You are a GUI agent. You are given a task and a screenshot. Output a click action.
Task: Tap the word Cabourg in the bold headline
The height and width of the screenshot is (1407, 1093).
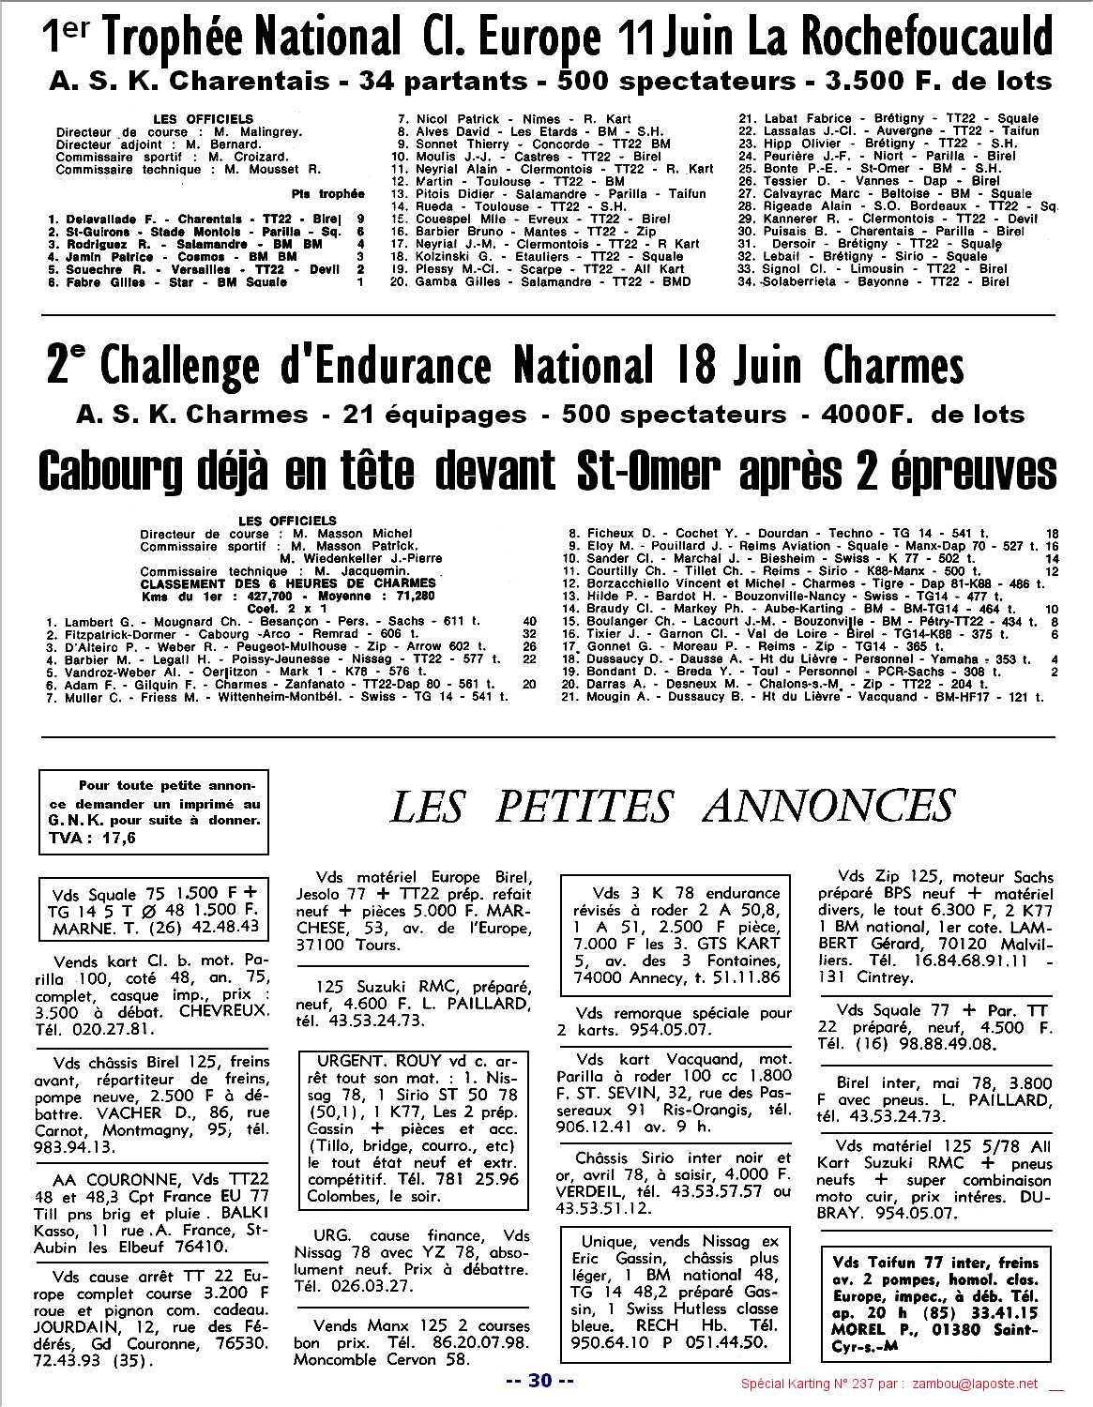146,469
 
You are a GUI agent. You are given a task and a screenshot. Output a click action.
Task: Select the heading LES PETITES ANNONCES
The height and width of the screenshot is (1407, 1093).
671,807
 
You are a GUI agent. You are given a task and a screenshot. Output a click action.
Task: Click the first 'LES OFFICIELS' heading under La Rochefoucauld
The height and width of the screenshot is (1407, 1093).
203,119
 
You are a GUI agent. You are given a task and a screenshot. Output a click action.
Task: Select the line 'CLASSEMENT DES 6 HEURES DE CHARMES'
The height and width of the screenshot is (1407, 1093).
288,582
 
